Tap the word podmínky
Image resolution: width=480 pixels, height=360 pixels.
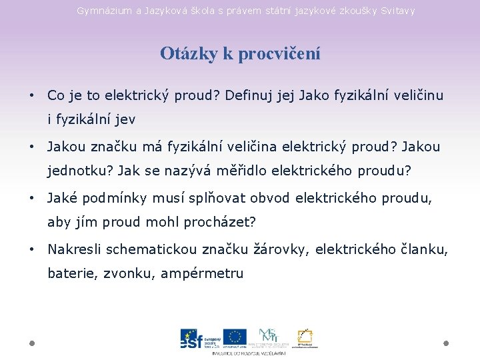105,198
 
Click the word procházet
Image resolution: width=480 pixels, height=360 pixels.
220,222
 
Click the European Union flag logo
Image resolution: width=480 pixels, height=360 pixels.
235,337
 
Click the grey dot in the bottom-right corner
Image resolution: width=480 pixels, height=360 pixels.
446,343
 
